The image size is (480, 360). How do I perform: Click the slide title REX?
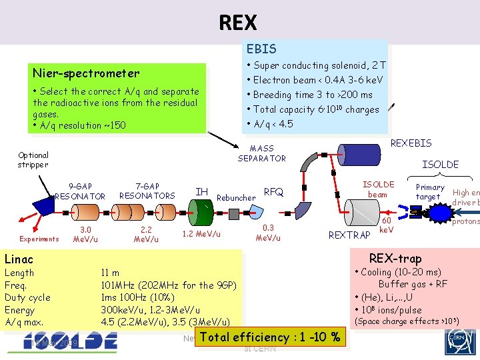pyautogui.click(x=238, y=23)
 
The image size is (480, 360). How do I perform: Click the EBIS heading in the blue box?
pyautogui.click(x=261, y=49)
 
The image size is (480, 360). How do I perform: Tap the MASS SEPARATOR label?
pyautogui.click(x=261, y=153)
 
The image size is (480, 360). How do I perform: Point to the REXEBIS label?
pyautogui.click(x=411, y=143)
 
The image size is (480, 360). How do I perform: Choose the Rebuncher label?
pyautogui.click(x=236, y=197)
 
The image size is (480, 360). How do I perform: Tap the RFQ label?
pyautogui.click(x=274, y=192)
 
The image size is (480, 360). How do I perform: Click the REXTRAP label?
pyautogui.click(x=349, y=235)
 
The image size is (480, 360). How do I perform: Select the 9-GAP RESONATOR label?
pyautogui.click(x=80, y=191)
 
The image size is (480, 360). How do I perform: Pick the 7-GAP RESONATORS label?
pyautogui.click(x=147, y=191)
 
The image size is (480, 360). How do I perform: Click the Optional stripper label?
pyautogui.click(x=33, y=160)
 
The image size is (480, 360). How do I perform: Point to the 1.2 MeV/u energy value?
pyautogui.click(x=201, y=235)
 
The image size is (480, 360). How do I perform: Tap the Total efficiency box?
pyautogui.click(x=270, y=337)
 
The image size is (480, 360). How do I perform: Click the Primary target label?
pyautogui.click(x=429, y=192)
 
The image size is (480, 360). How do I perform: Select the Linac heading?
pyautogui.click(x=19, y=259)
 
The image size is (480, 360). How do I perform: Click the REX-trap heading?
pyautogui.click(x=395, y=259)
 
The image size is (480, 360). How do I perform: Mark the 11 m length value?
pyautogui.click(x=110, y=273)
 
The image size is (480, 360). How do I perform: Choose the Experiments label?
pyautogui.click(x=39, y=238)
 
